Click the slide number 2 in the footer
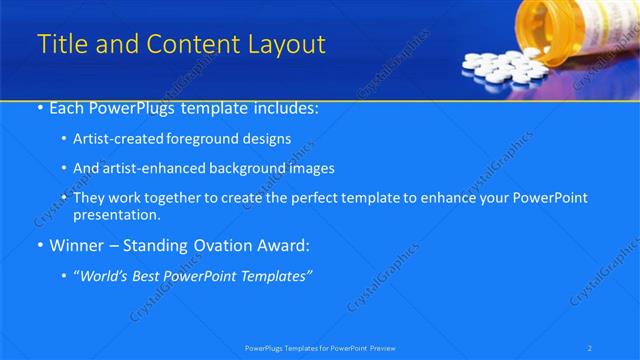point(590,347)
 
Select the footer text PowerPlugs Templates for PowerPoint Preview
point(320,347)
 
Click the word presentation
point(119,215)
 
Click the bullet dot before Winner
point(38,245)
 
